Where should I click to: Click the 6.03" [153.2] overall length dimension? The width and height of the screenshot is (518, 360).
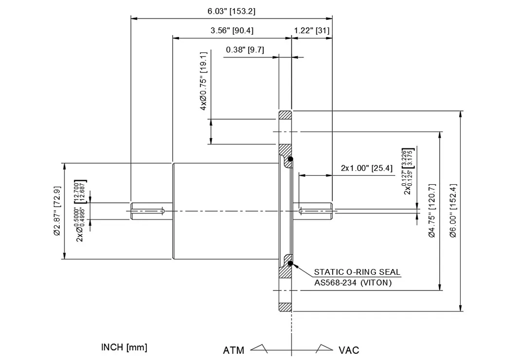[231, 11]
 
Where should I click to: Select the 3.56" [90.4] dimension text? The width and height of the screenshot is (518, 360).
[232, 31]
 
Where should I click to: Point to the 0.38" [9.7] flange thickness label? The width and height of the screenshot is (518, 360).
[245, 50]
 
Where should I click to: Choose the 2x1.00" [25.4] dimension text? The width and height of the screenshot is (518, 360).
[366, 168]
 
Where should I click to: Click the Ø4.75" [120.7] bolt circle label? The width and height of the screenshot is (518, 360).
[432, 211]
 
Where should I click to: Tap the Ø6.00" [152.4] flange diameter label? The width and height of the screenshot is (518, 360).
[453, 211]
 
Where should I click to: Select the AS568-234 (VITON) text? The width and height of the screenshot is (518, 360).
[353, 282]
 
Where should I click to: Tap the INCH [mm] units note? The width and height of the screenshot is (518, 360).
[124, 347]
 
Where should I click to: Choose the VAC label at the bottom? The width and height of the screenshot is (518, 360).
[349, 350]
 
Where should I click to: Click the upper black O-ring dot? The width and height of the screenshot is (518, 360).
[290, 159]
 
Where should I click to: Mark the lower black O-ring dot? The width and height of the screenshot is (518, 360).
[290, 264]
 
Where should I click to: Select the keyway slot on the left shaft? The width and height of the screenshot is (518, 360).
[148, 211]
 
